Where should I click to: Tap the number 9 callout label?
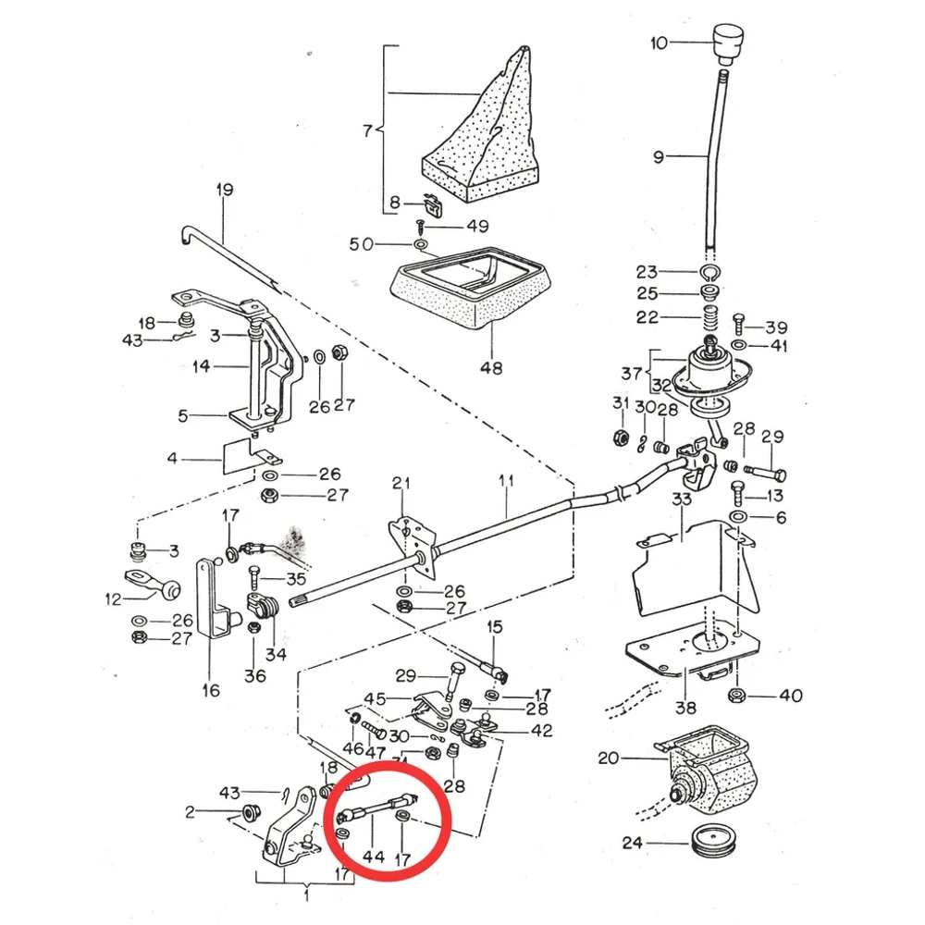click(658, 157)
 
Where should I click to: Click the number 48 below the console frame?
click(491, 367)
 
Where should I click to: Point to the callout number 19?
click(225, 191)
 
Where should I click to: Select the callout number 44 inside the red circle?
click(373, 857)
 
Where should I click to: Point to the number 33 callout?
click(682, 499)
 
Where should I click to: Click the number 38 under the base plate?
click(685, 709)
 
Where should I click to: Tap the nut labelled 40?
click(737, 695)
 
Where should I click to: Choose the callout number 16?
click(210, 690)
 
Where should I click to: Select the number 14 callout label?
click(202, 365)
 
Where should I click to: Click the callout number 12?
click(114, 599)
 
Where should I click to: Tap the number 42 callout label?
click(541, 731)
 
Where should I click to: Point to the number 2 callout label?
click(191, 812)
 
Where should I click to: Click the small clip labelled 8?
click(431, 203)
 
